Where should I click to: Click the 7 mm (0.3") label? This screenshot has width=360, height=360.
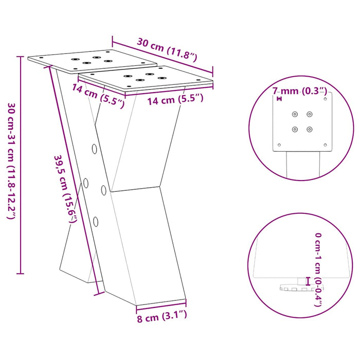pyautogui.click(x=300, y=91)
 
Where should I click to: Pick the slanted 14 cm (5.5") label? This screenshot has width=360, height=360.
pyautogui.click(x=99, y=95)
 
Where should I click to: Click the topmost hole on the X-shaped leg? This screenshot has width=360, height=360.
pyautogui.click(x=95, y=149)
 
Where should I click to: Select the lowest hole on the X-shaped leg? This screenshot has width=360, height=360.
pyautogui.click(x=96, y=222)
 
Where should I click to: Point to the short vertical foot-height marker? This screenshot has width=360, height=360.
pyautogui.click(x=308, y=281)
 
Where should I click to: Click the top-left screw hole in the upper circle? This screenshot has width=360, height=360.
pyautogui.click(x=295, y=114)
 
